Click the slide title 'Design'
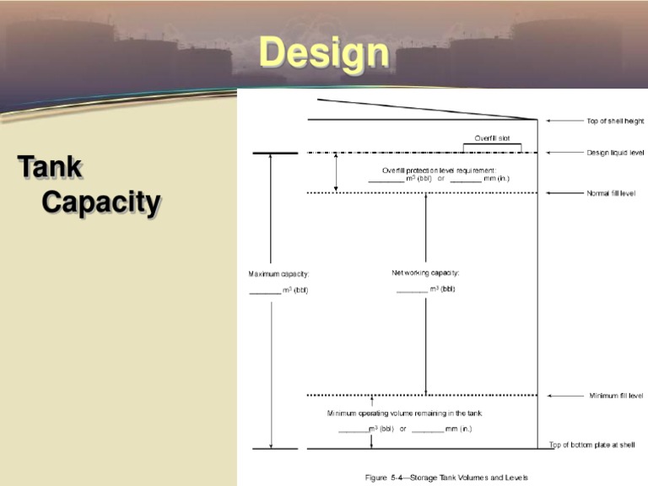coord(324,53)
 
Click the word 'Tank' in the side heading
coord(50,166)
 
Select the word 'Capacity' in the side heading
coord(101,202)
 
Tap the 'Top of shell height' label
coord(615,121)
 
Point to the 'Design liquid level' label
coord(615,153)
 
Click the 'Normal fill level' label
coord(611,193)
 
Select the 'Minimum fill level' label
coord(616,396)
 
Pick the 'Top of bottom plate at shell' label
coord(591,445)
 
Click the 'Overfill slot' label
coord(492,138)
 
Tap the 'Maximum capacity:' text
coord(278,274)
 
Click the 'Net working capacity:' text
coord(425,273)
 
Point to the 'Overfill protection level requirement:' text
coord(439,170)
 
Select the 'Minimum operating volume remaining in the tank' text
coord(405,413)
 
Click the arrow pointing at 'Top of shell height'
coord(564,121)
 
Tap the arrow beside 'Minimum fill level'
coord(565,396)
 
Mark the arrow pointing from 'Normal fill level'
coord(564,193)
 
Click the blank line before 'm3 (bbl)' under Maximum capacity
coord(265,294)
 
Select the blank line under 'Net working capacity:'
coord(412,292)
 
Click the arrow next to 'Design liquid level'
coord(564,153)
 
